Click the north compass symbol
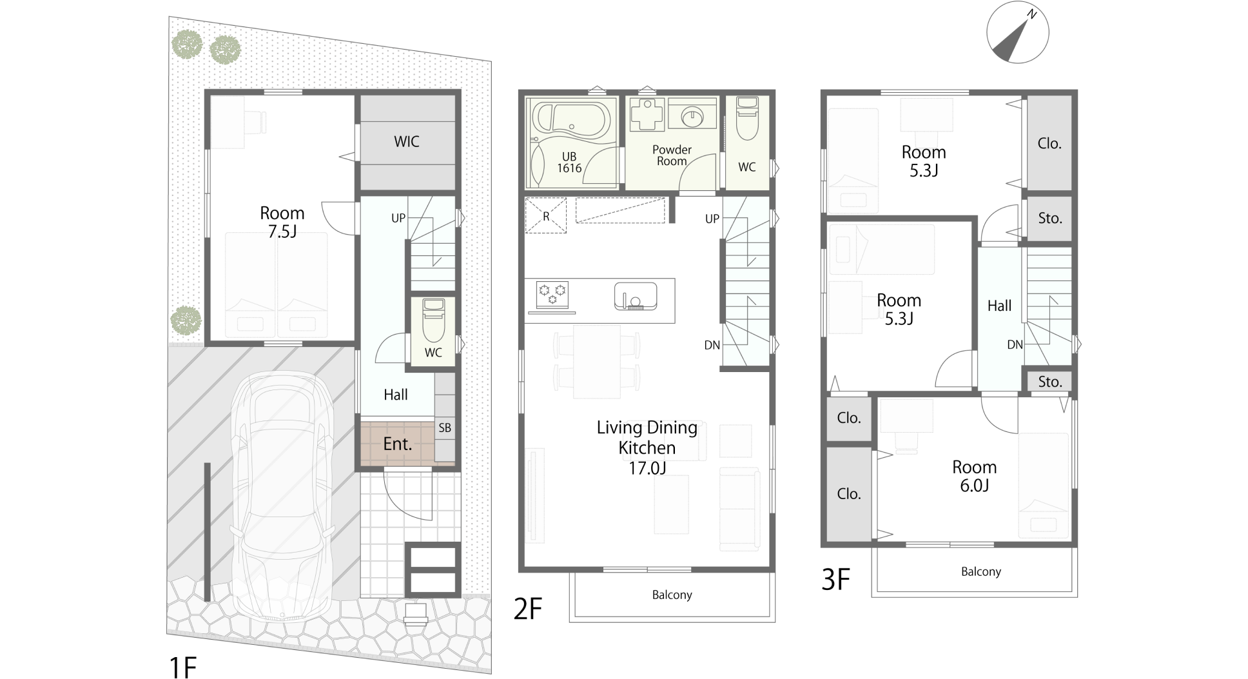click(x=1018, y=32)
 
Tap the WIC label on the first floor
click(x=407, y=142)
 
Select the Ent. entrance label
click(x=397, y=444)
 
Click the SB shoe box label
click(x=445, y=428)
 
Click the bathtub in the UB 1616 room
click(x=570, y=123)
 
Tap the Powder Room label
click(x=672, y=155)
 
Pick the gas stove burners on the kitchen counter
click(x=552, y=294)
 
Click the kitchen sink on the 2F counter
click(x=635, y=296)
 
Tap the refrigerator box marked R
click(x=546, y=216)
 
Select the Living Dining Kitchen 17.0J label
click(x=647, y=448)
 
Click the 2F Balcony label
click(x=672, y=595)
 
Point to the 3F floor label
click(x=835, y=580)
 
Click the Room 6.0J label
click(x=975, y=476)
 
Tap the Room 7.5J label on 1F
click(x=282, y=222)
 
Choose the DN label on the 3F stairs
click(x=1015, y=345)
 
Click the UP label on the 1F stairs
click(x=398, y=218)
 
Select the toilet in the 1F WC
click(x=433, y=320)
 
